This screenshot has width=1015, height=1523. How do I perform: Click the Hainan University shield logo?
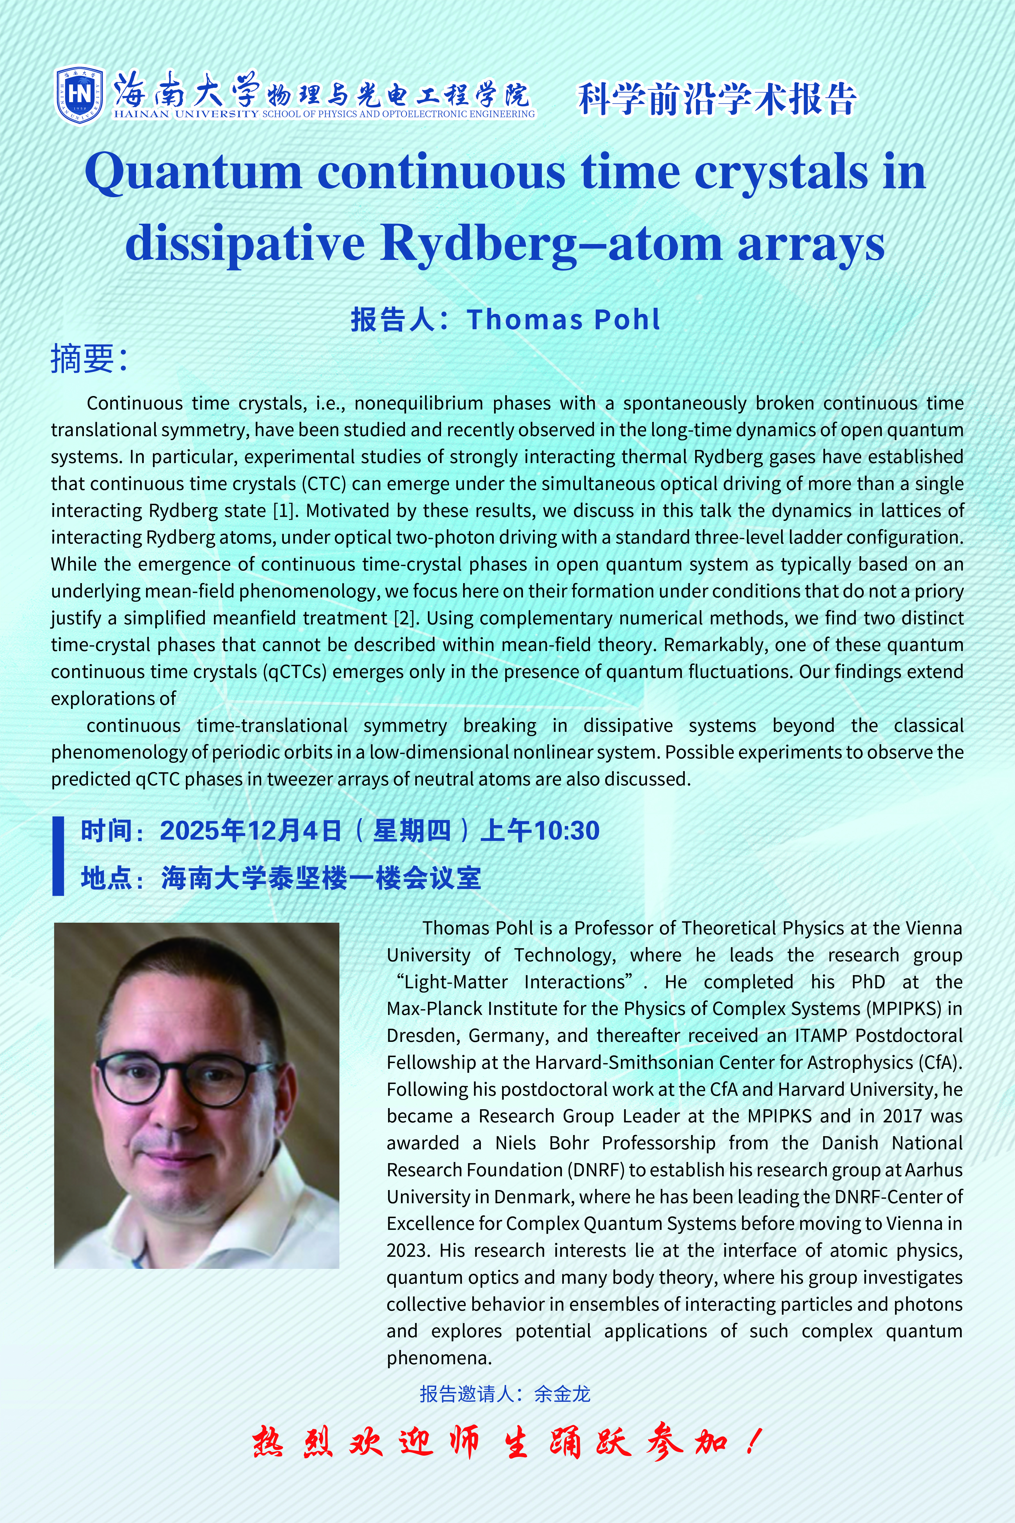point(79,95)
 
